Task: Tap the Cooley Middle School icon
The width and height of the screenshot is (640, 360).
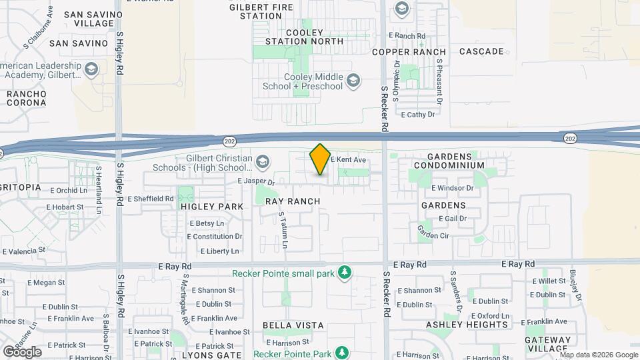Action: tap(353, 81)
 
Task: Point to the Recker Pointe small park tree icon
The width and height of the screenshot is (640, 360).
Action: tap(344, 272)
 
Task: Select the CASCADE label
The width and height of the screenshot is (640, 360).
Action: tap(481, 51)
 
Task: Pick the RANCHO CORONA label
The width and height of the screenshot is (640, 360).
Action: tap(27, 99)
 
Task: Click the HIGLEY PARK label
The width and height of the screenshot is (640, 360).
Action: tap(212, 207)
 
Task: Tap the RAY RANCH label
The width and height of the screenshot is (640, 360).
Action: tap(293, 201)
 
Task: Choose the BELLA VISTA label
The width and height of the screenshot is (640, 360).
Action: tap(293, 325)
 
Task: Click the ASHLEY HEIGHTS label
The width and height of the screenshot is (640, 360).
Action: tap(467, 325)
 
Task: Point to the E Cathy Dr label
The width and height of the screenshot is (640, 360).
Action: tap(418, 115)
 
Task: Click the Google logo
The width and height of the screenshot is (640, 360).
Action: tap(22, 351)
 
